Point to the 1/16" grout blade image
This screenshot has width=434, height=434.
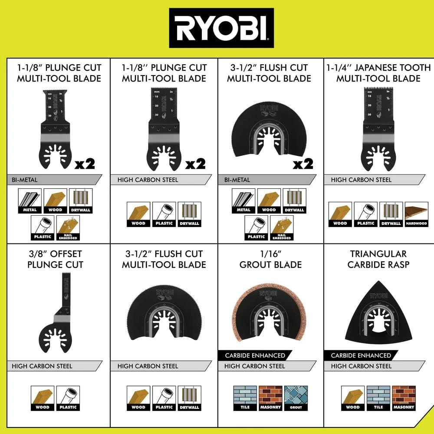tap(269, 315)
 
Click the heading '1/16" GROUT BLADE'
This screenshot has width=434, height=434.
tap(270, 259)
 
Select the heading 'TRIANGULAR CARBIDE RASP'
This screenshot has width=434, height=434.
tap(378, 259)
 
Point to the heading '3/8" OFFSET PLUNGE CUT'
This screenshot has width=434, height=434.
tap(56, 259)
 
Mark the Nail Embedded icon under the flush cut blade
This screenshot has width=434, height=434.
tap(282, 228)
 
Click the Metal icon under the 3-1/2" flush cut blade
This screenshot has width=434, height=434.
tap(243, 201)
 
